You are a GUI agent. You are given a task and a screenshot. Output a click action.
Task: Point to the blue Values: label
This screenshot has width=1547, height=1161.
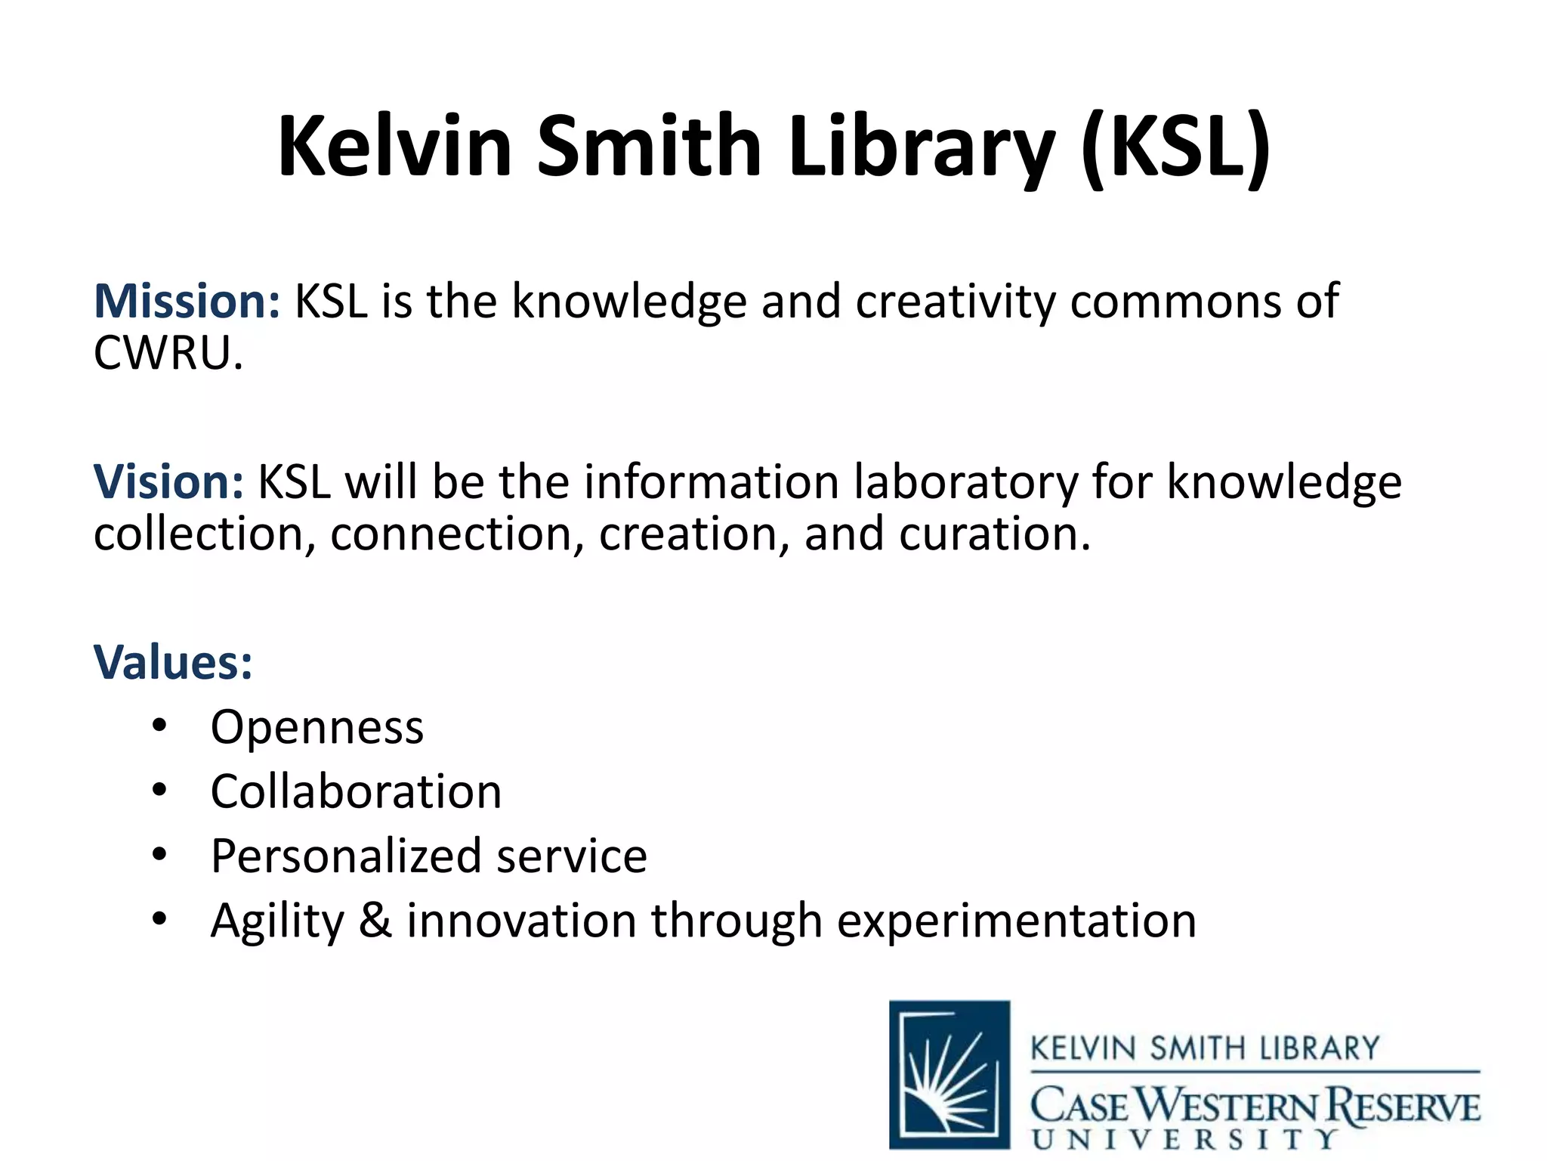173,662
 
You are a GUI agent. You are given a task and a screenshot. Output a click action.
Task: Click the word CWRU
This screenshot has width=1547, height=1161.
168,353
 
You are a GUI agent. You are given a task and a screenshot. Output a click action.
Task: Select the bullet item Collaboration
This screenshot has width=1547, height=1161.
356,791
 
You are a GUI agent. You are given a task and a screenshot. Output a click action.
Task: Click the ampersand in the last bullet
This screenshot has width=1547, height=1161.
375,921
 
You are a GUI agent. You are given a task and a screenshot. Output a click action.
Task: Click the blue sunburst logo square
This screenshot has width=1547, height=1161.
950,1074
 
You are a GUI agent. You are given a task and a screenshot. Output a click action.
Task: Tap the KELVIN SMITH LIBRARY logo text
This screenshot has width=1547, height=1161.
1205,1049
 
